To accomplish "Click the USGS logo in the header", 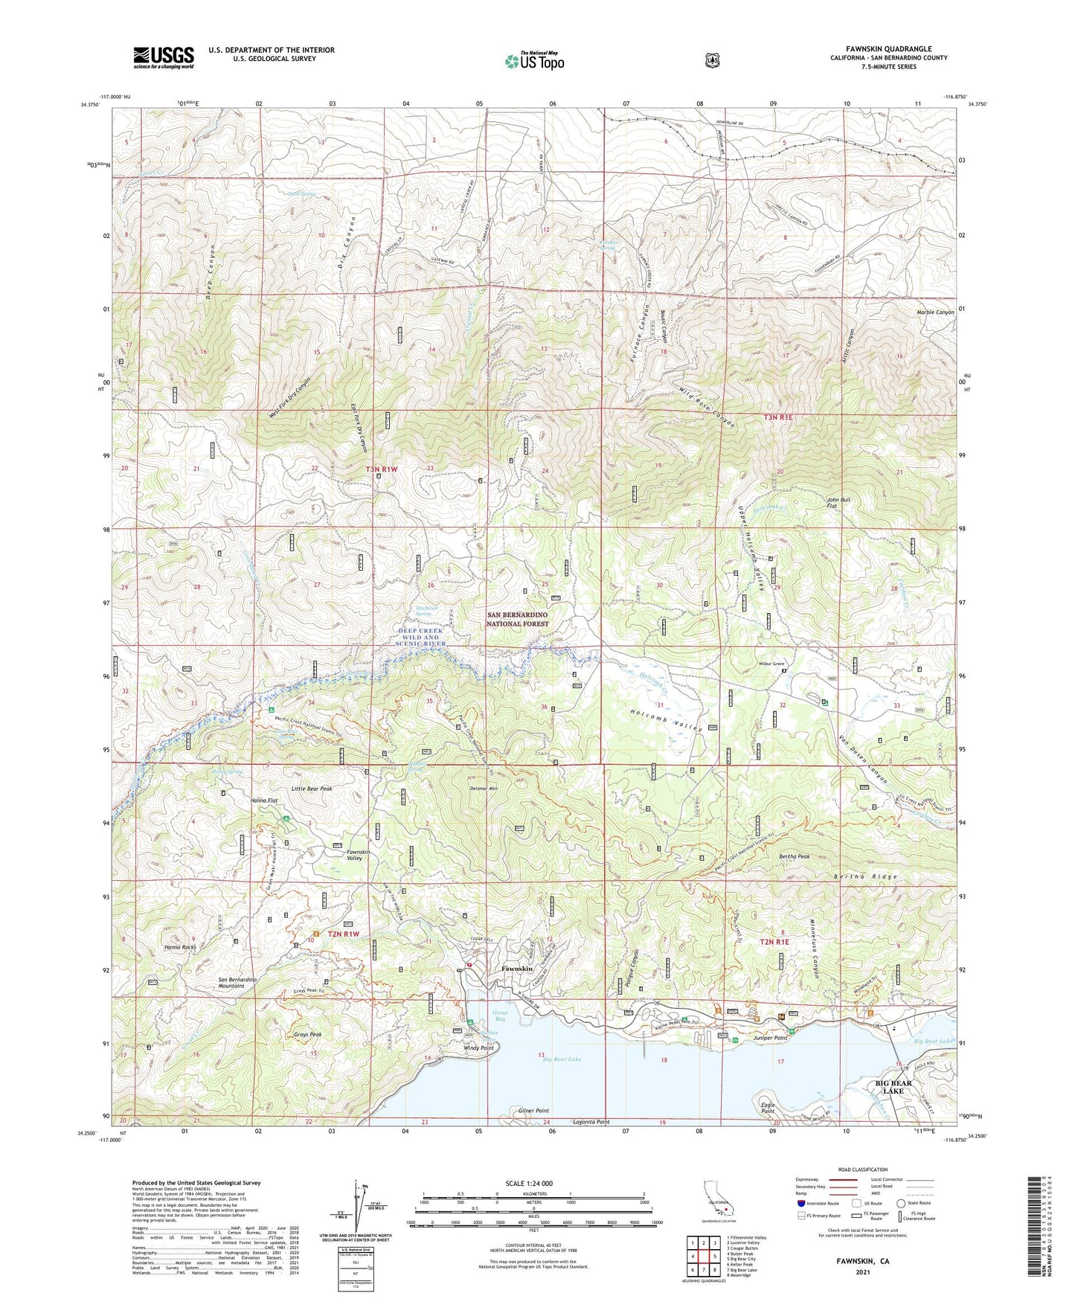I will click(x=164, y=57).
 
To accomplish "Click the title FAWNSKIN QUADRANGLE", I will click(x=888, y=49).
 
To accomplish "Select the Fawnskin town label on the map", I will click(x=517, y=969).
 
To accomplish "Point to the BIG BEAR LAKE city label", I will click(x=893, y=1086).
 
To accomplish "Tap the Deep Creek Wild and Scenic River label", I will click(x=420, y=637).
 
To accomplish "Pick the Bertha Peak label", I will click(x=794, y=856).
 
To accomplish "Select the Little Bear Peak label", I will click(x=311, y=789).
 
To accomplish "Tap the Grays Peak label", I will click(x=308, y=1034).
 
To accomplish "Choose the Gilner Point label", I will click(x=533, y=1110).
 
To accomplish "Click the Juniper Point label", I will click(x=770, y=1038).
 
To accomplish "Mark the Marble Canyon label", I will click(x=934, y=312).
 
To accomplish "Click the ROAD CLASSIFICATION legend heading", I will click(x=863, y=1170).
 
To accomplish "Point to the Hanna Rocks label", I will click(x=180, y=947).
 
